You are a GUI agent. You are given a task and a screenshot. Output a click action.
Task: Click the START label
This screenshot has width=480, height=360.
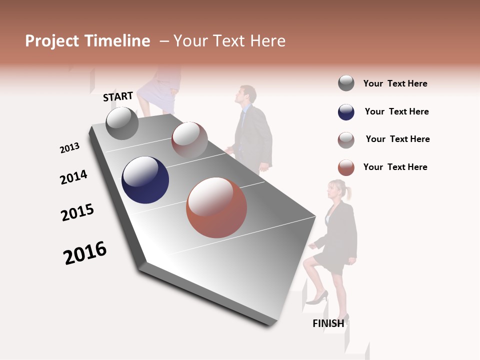pos(118,96)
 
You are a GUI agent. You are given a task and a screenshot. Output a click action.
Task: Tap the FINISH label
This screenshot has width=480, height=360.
pos(328,323)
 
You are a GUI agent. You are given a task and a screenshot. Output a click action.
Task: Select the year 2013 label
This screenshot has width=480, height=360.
pos(69,148)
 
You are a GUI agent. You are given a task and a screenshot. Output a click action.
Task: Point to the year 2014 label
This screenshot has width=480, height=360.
pos(73,177)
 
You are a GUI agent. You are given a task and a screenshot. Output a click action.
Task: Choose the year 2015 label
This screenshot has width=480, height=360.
pos(77,212)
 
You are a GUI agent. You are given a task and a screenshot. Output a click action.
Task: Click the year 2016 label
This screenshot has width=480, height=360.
pos(85,253)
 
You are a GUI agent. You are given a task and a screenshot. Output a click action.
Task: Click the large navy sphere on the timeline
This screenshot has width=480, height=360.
pos(145,180)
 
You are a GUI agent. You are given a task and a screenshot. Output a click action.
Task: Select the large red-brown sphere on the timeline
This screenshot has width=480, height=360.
pos(216,207)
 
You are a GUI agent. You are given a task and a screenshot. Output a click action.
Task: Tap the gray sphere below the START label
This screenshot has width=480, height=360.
pos(122,123)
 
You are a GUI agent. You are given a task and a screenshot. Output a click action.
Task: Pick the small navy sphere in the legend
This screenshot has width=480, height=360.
pos(346,112)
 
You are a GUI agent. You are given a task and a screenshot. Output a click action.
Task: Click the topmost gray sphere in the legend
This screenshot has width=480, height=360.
pos(346,83)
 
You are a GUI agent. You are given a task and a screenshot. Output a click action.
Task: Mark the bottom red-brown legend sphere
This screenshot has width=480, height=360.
pos(346,167)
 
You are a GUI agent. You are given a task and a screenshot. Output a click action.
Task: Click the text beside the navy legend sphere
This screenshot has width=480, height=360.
pos(396,111)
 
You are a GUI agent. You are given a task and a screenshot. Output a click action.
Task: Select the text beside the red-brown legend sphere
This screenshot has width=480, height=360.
pos(395,167)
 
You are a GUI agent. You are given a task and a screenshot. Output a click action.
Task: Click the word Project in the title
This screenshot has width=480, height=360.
pos(52,41)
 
